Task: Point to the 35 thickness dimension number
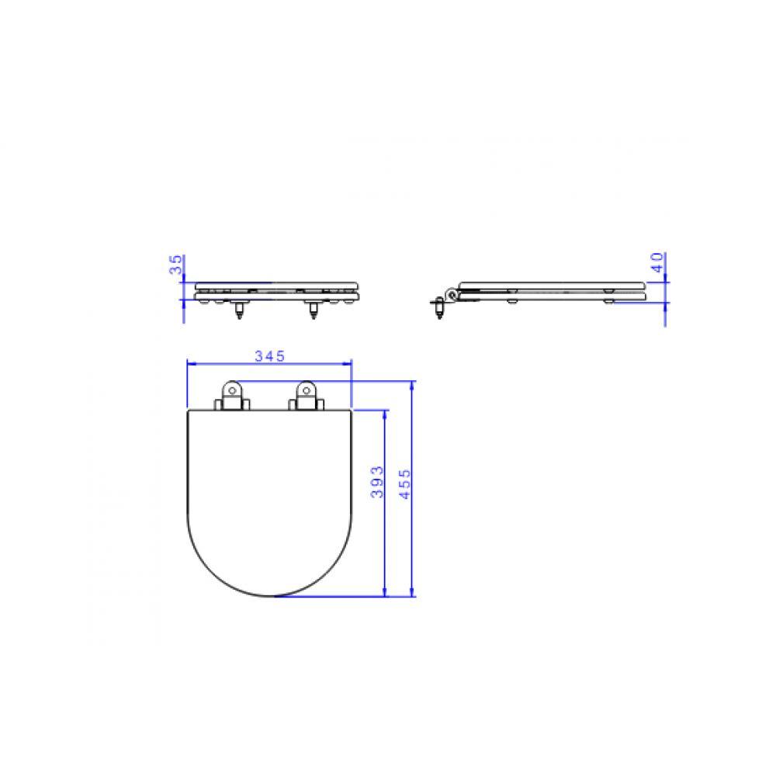[177, 266]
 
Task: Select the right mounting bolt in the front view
[314, 309]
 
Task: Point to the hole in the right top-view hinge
[304, 389]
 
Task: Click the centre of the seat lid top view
[270, 497]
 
